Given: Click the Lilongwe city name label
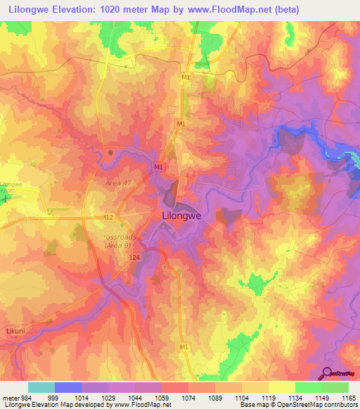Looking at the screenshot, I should point(183,216).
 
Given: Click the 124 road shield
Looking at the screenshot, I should point(134,259).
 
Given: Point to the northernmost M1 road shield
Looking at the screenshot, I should point(186,77).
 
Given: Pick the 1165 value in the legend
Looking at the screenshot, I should point(349,398).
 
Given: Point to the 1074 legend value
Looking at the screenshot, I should point(188,398).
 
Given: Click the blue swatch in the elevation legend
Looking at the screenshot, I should point(68,387).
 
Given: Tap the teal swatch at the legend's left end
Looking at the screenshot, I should point(41,387).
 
